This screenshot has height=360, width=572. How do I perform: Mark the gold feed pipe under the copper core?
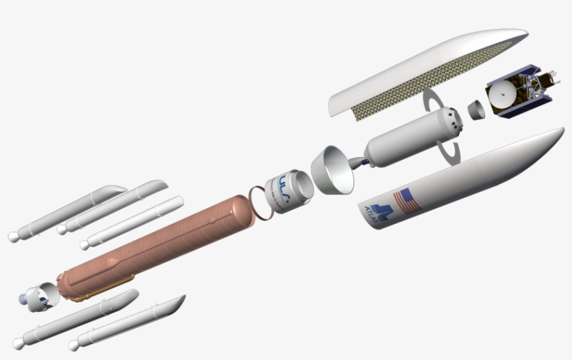[x=105, y=287]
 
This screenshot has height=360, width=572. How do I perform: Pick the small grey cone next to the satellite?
[x=475, y=110]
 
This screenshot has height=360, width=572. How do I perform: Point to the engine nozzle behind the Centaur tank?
[x=360, y=163]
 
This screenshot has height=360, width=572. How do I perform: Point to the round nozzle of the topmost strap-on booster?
[x=13, y=237]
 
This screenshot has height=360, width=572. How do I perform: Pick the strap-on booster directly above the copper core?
[x=133, y=223]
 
